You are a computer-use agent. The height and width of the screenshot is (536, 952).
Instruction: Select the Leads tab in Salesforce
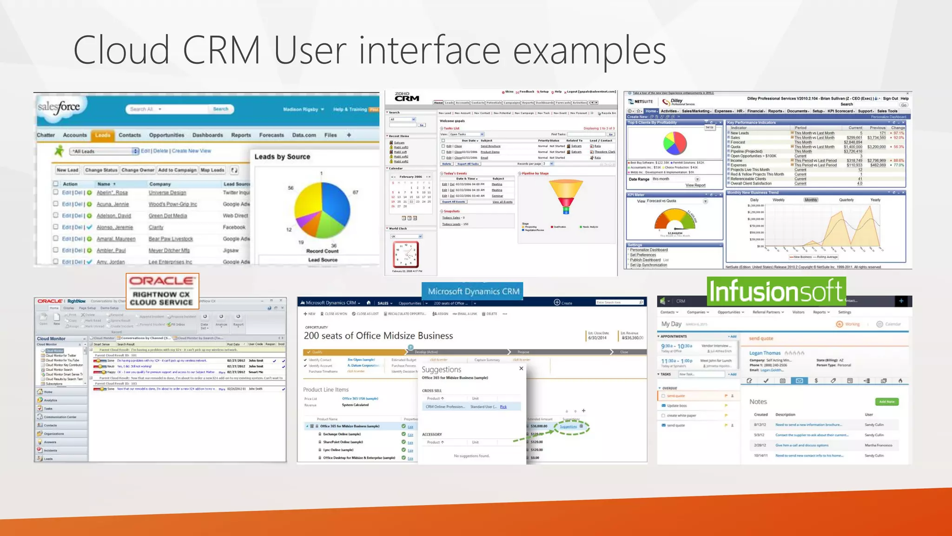102,135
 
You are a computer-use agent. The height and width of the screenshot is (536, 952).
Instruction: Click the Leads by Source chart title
282,157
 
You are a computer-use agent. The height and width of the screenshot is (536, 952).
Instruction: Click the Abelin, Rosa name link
112,193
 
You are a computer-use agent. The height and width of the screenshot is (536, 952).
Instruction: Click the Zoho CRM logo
407,97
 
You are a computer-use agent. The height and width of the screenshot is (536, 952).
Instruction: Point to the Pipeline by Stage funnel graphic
566,196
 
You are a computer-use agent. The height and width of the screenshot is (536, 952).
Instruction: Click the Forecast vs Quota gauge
674,220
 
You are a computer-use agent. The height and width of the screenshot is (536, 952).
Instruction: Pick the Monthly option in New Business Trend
811,200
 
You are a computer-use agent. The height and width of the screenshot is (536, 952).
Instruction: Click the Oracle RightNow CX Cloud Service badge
162,291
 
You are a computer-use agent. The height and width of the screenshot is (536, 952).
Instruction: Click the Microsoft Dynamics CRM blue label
473,291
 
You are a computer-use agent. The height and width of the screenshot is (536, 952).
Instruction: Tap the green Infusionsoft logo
776,291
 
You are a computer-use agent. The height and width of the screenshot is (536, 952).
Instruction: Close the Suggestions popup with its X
521,368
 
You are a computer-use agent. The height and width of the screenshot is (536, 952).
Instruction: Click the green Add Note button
886,402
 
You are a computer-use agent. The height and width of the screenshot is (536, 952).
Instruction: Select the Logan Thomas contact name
765,353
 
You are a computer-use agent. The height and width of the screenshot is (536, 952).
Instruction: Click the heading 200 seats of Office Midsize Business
378,336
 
